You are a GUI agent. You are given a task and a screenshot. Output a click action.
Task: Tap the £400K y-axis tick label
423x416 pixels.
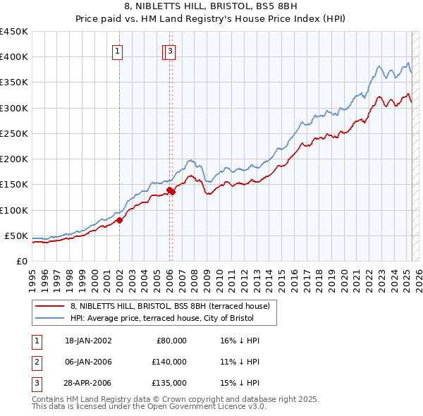click(14, 57)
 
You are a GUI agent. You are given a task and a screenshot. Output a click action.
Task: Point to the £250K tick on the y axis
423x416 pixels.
click(14, 133)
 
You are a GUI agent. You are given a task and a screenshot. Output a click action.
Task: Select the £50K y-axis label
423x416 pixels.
click(16, 235)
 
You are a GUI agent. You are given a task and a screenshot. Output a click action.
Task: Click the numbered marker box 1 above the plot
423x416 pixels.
click(117, 51)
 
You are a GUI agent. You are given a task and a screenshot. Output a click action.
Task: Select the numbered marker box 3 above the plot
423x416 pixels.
click(171, 51)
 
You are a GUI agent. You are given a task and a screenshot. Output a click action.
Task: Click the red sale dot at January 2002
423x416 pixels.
click(119, 220)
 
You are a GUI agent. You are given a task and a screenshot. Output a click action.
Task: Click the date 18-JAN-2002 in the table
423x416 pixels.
click(88, 341)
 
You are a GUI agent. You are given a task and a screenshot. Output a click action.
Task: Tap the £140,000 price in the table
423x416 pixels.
click(170, 362)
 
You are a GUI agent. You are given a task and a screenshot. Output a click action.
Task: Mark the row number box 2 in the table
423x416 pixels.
click(35, 362)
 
